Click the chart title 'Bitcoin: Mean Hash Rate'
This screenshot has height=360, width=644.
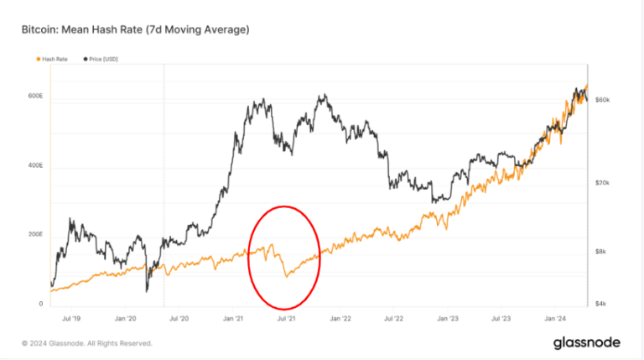(x=135, y=31)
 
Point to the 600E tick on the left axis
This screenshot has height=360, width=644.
(x=35, y=97)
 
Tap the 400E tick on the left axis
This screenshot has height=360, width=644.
(x=35, y=166)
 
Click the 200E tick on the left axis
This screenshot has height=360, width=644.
(x=35, y=235)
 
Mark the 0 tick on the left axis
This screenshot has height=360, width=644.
(x=40, y=304)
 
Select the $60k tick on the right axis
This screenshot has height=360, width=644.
(x=602, y=100)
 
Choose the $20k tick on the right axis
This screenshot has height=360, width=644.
(x=602, y=183)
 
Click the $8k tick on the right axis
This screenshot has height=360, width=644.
(x=602, y=252)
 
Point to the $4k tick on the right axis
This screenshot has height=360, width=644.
(x=602, y=304)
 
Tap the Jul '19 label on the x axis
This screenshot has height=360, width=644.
(x=70, y=319)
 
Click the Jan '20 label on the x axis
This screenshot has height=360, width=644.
(x=125, y=319)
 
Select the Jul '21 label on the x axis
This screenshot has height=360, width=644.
(x=287, y=319)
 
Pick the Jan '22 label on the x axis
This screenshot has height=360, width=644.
(x=340, y=319)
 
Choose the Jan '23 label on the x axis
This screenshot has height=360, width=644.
(x=448, y=319)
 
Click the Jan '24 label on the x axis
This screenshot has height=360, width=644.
(x=555, y=319)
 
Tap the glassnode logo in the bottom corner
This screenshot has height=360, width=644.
(x=587, y=342)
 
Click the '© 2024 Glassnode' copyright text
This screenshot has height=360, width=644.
(x=87, y=343)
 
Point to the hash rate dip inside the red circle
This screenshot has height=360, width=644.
(x=286, y=274)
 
